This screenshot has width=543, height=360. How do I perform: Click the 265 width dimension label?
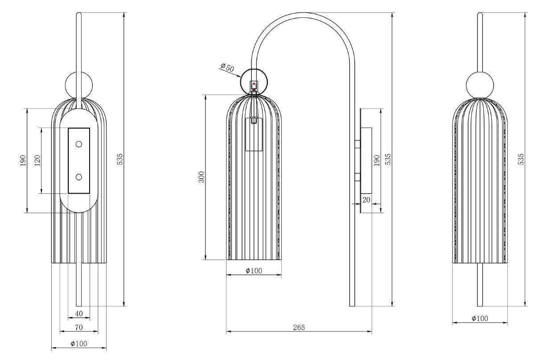299,327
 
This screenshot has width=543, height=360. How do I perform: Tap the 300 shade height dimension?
202,177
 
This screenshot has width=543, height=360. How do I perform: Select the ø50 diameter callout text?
227,67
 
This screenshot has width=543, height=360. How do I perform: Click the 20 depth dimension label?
366,200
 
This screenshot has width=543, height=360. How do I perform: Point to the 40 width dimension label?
79,314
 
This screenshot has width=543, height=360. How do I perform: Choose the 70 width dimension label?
79,327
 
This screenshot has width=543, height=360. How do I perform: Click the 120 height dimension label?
37,160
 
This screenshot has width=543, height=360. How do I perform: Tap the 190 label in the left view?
23,160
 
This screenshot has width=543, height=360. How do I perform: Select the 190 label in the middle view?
376,160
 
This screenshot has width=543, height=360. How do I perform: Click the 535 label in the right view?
521,159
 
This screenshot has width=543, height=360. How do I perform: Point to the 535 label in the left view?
120,159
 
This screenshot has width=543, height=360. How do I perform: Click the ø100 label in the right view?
480,318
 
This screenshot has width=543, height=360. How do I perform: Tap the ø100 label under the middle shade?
254,270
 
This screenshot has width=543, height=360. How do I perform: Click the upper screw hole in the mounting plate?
79,145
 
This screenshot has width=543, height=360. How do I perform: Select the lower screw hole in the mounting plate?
79,177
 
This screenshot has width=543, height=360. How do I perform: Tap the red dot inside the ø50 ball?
254,84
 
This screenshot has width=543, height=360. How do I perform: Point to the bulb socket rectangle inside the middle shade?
254,134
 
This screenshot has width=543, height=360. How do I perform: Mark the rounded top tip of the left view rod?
79,13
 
